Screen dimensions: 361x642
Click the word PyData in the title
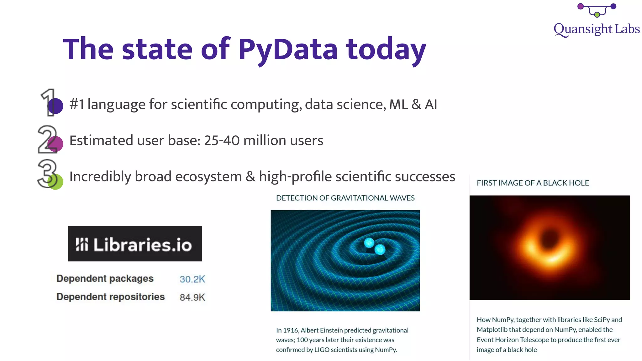pos(288,50)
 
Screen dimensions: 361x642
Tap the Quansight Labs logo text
pos(596,29)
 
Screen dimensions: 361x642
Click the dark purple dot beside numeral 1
pos(55,106)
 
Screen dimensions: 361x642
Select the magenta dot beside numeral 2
pos(56,144)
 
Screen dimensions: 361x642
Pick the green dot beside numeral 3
pos(56,182)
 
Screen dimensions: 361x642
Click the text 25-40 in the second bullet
pos(222,140)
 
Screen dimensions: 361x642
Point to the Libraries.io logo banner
pos(135,243)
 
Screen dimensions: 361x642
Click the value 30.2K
pos(192,279)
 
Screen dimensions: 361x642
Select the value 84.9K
pos(192,297)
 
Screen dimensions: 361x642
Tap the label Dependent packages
pos(105,279)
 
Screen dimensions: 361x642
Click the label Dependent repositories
pos(110,297)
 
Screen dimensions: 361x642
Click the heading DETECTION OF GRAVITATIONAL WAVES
pos(345,198)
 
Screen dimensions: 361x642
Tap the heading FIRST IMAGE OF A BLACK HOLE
pos(533,183)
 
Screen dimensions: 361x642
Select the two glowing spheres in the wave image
pos(375,246)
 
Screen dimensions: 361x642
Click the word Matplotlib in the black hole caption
pos(492,330)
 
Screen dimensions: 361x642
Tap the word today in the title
pos(386,50)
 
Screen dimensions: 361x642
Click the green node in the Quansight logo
pos(597,15)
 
